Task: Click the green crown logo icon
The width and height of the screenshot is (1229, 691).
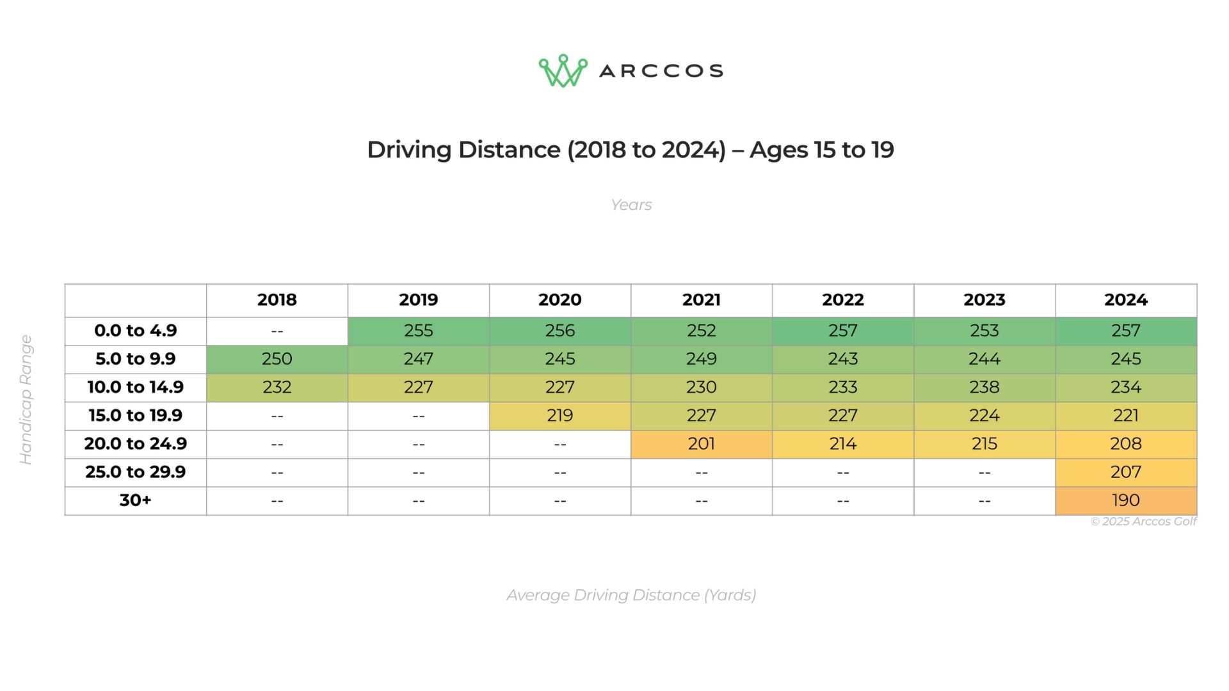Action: pyautogui.click(x=563, y=70)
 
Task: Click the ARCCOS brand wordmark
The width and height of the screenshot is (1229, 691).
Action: pyautogui.click(x=661, y=70)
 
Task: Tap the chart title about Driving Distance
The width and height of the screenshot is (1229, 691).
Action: pyautogui.click(x=631, y=150)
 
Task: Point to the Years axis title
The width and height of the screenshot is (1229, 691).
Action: pyautogui.click(x=631, y=205)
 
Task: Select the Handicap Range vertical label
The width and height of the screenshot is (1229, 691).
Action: pyautogui.click(x=26, y=400)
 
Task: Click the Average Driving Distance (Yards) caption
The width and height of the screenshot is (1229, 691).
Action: pyautogui.click(x=631, y=595)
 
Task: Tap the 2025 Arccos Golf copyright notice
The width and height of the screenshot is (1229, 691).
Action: pyautogui.click(x=1143, y=521)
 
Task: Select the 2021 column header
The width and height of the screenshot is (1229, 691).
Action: pyautogui.click(x=702, y=300)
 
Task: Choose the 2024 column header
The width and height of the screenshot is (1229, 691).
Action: pyautogui.click(x=1126, y=300)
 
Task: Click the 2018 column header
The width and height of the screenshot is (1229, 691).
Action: pyautogui.click(x=277, y=300)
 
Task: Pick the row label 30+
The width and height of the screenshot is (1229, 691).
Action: pyautogui.click(x=136, y=500)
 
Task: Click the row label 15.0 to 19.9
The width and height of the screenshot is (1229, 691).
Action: pyautogui.click(x=136, y=416)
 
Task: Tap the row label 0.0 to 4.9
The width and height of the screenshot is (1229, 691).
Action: pyautogui.click(x=136, y=331)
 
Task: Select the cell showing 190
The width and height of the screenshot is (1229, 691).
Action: pyautogui.click(x=1126, y=500)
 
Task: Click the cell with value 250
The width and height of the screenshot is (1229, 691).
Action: pyautogui.click(x=277, y=359)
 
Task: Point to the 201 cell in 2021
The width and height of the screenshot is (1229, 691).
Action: pyautogui.click(x=702, y=444)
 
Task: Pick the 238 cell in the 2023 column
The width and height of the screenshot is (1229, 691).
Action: pyautogui.click(x=984, y=387)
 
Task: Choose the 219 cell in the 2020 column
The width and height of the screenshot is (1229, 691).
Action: pyautogui.click(x=560, y=416)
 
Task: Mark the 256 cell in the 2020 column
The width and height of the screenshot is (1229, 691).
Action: pyautogui.click(x=560, y=331)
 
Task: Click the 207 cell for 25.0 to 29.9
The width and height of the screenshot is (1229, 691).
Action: pyautogui.click(x=1126, y=472)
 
